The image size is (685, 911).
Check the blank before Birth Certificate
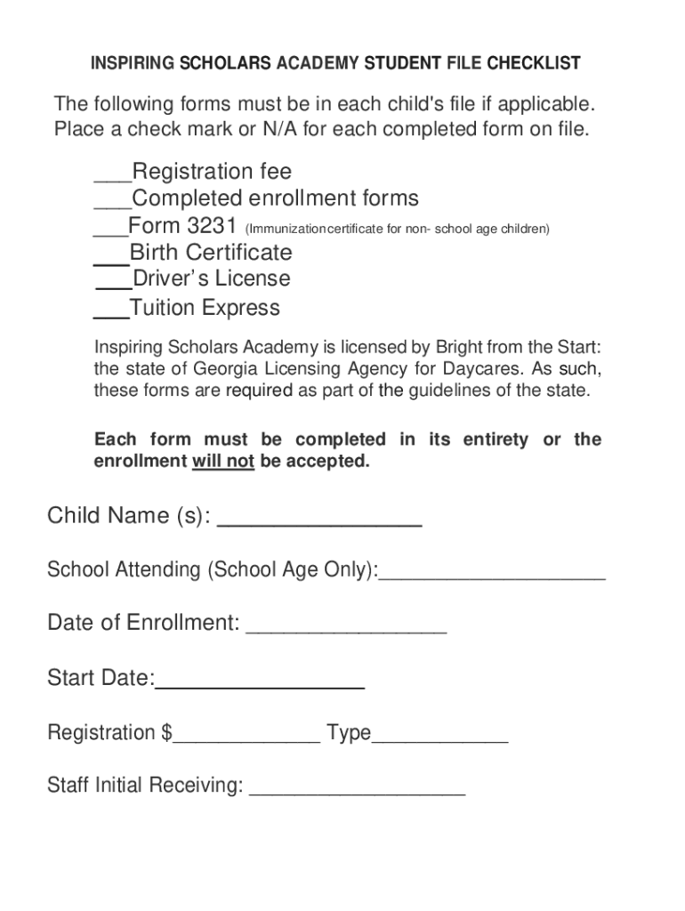[111, 261]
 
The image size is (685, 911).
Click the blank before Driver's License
[113, 286]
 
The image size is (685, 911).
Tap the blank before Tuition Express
[111, 315]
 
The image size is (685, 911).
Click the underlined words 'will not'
[223, 462]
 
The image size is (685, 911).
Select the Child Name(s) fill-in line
[319, 523]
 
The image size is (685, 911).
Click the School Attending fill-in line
[492, 576]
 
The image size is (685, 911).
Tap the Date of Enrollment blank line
[346, 631]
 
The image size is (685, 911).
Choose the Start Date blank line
[260, 686]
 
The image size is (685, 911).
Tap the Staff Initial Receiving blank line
[358, 792]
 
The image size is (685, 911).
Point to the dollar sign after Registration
[167, 733]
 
